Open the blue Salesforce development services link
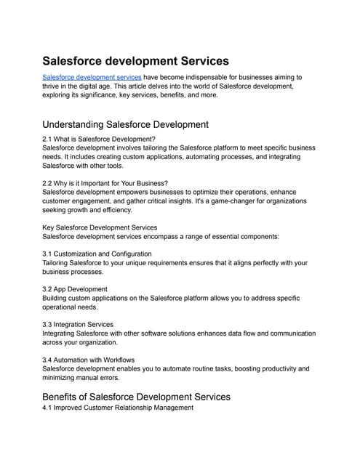click(92, 76)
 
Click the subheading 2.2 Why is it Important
click(105, 182)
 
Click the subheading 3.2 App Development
click(77, 288)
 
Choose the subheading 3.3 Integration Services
click(84, 324)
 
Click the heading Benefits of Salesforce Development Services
click(137, 397)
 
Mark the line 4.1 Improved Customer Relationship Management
click(118, 408)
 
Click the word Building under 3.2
click(57, 298)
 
